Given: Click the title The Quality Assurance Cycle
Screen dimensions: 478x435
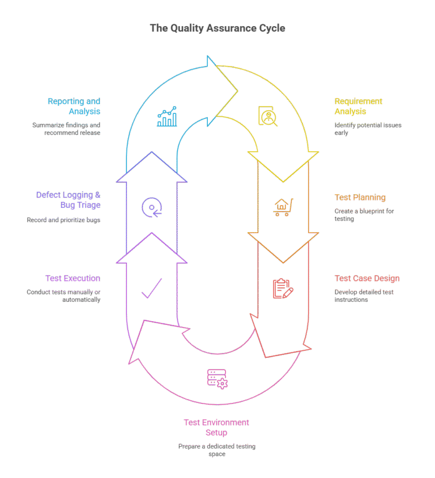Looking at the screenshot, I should pos(217,28).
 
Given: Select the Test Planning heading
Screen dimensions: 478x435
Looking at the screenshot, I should pos(360,198).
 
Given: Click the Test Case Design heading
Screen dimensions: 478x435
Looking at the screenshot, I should pos(367,279).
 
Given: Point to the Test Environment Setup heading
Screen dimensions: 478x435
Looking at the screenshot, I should pos(216,428).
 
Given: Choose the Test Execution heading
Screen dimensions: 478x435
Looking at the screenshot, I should pos(72,279).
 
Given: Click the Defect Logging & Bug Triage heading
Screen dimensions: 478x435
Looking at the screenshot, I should pos(69,199).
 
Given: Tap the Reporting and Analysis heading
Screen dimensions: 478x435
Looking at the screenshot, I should pos(74,106).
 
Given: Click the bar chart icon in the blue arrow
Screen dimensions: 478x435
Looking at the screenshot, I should pos(167,117).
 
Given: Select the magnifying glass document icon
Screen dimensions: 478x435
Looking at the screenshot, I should pos(267,116).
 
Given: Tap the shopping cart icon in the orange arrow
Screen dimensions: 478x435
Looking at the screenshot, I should pos(283,207).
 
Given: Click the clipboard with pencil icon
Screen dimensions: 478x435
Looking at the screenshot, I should pos(283,288).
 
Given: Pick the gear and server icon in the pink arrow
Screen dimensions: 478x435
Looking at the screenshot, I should pos(217,378).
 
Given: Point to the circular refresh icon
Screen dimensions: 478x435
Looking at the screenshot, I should pos(152,207).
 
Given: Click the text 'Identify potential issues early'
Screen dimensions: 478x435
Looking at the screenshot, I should pos(368,129).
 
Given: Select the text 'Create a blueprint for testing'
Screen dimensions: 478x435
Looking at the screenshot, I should pos(364,215).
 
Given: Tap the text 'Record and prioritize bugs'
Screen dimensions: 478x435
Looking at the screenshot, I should pos(63,220).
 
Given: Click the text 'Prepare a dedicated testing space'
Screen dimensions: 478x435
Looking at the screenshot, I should pos(217,450).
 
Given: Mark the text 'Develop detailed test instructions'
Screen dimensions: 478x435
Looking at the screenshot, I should pos(364,296).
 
